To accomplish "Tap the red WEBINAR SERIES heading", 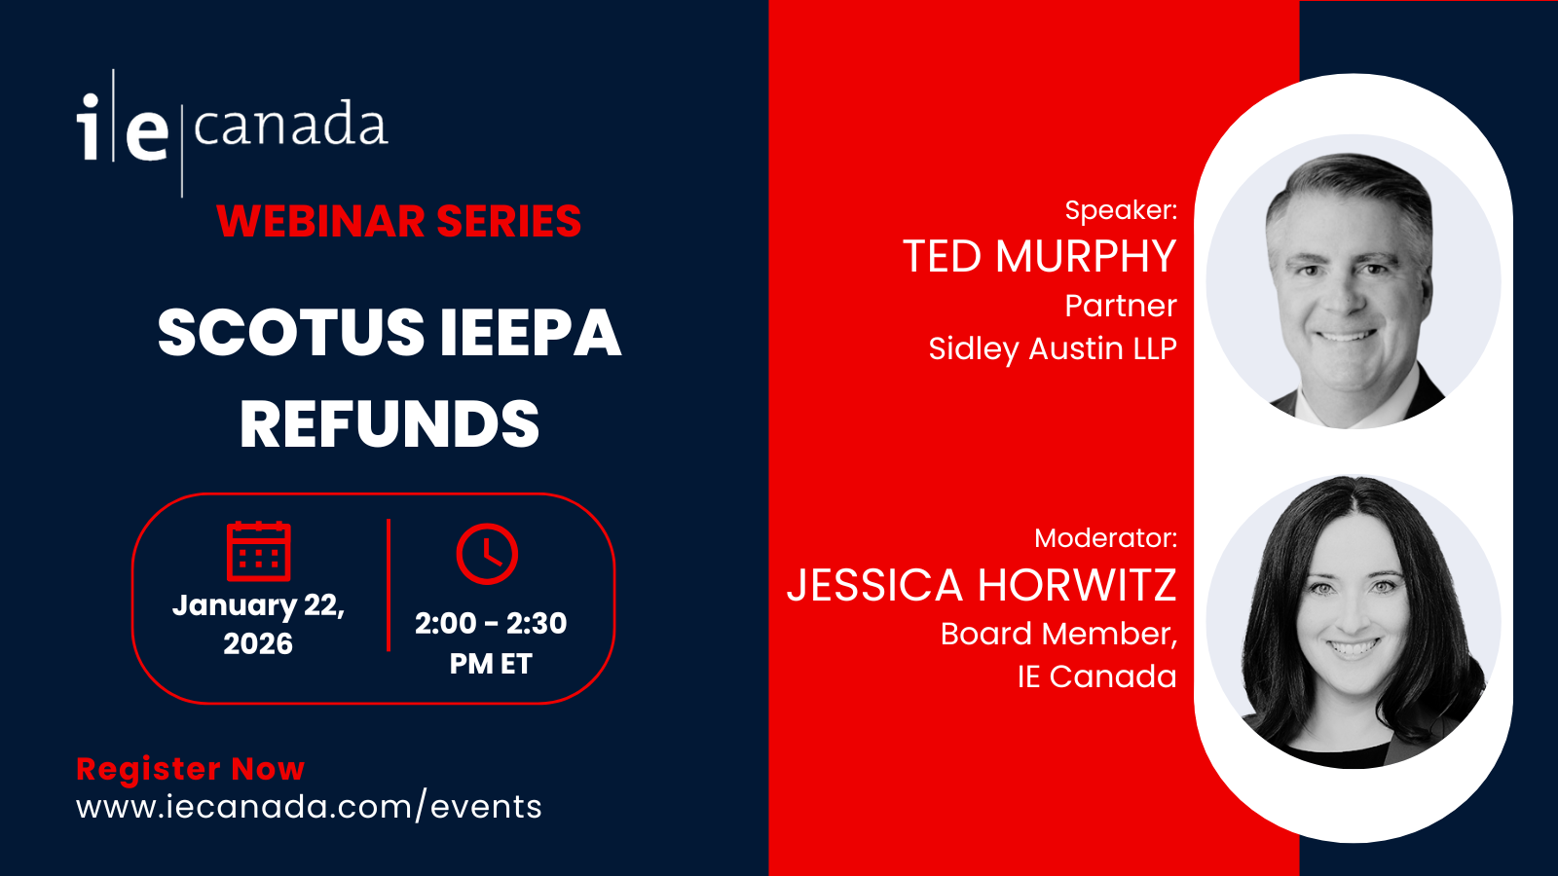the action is [398, 221].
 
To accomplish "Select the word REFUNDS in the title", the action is [389, 423].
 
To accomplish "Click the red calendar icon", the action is [259, 551].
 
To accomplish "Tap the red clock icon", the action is [487, 554].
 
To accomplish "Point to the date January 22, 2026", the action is [258, 624].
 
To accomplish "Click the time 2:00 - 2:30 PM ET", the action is [491, 643].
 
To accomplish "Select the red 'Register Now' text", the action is [191, 769].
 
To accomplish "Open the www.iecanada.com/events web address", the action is [309, 807].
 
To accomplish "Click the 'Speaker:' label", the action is [1121, 210].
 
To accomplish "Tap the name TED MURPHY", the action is [1040, 256].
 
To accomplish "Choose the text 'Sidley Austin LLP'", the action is [1053, 349].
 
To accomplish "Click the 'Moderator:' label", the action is [1106, 538].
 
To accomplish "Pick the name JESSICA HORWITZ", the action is [982, 585].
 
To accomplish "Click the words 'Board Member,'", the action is [1058, 634].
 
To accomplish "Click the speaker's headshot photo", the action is [1354, 281].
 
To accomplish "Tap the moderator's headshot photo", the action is [1354, 622].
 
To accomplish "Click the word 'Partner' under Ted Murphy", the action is [1121, 306].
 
